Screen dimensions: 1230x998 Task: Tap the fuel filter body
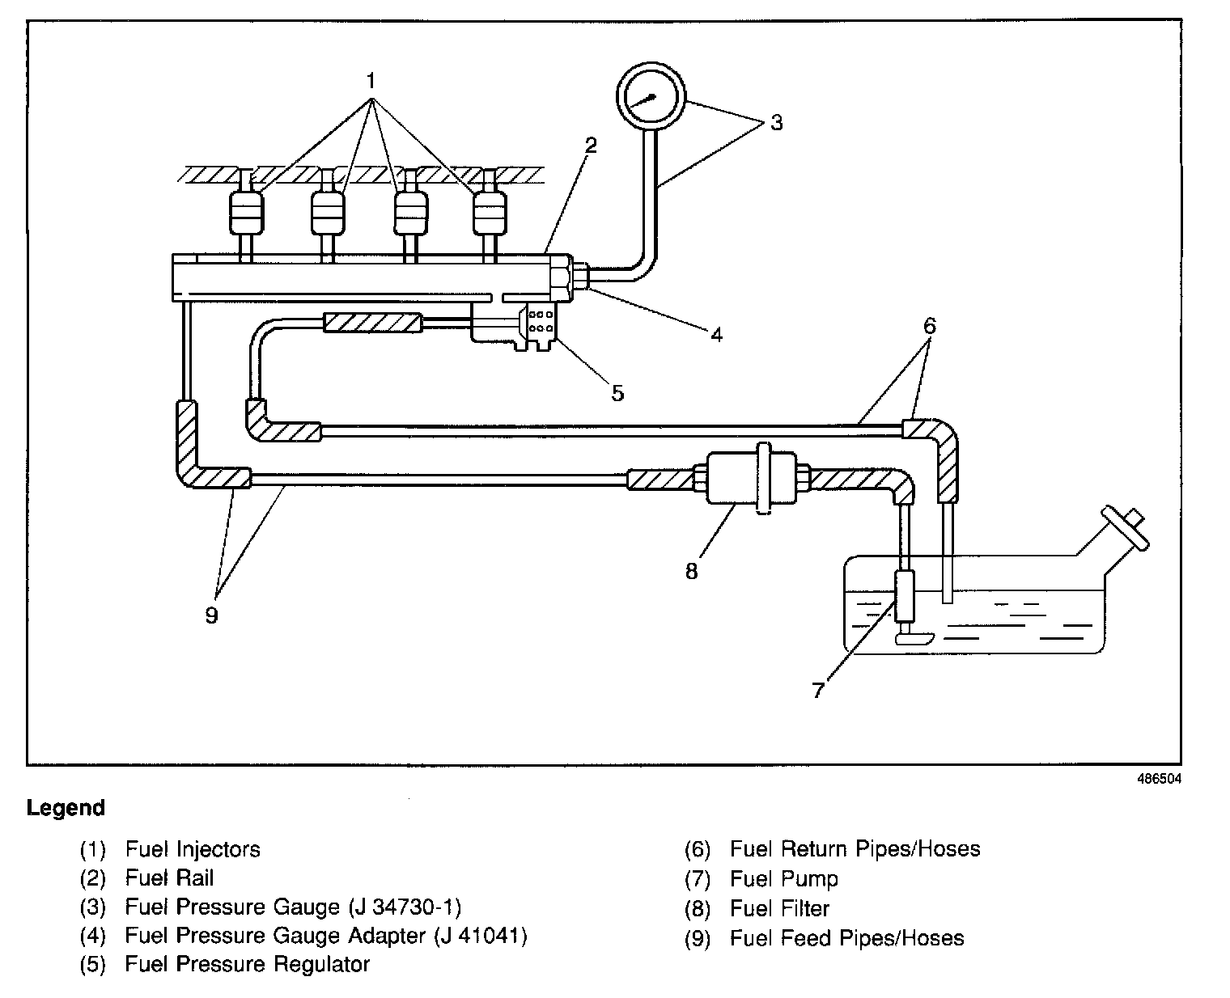(x=751, y=478)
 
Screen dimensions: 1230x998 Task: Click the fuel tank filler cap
(x=1125, y=528)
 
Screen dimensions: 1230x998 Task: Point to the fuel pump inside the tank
(x=905, y=596)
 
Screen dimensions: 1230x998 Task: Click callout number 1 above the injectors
(x=371, y=81)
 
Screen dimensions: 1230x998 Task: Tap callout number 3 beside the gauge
(x=776, y=122)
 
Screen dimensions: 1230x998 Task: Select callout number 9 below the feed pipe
(x=211, y=615)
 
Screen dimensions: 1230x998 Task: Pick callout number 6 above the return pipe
(x=930, y=326)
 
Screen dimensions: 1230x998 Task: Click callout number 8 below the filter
(x=691, y=571)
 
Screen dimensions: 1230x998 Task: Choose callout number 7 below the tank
(x=817, y=690)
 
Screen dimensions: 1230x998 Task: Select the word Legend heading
(x=66, y=807)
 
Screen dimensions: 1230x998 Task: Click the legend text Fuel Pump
(x=783, y=878)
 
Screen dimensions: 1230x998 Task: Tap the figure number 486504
(x=1159, y=779)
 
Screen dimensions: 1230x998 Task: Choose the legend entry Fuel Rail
(x=169, y=878)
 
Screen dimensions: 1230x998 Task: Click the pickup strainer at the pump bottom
(x=914, y=638)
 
